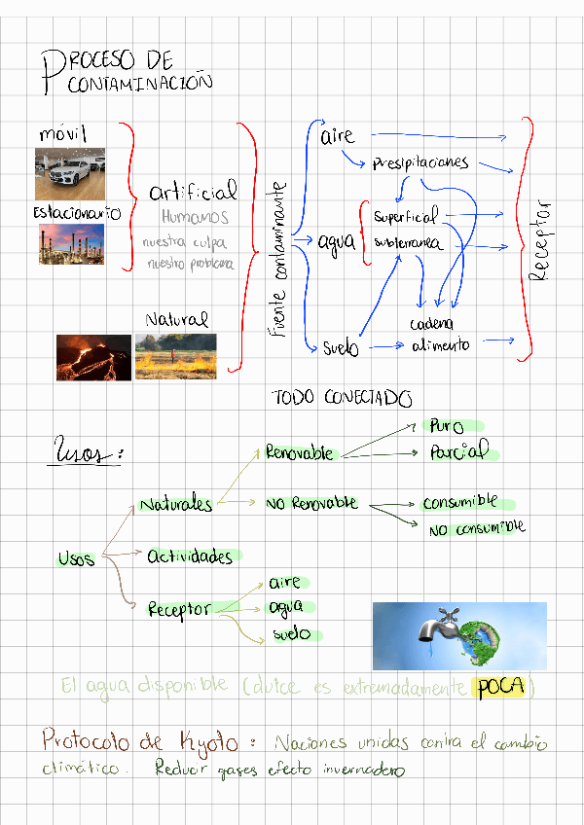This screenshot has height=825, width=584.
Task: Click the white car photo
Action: click(70, 173)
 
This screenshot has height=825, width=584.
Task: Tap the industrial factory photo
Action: click(71, 244)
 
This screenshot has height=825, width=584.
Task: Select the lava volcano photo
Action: click(93, 357)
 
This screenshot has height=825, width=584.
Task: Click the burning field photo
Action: click(175, 357)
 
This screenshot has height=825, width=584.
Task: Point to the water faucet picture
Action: click(459, 635)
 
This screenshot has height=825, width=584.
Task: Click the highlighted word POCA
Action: click(498, 687)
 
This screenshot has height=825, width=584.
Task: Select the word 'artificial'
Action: click(193, 191)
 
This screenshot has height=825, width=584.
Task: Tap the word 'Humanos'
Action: click(195, 217)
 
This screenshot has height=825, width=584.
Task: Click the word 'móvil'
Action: click(63, 132)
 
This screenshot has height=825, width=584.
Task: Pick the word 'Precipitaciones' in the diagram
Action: click(420, 162)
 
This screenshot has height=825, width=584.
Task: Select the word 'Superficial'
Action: click(405, 216)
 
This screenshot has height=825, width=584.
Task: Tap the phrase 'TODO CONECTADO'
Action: click(342, 398)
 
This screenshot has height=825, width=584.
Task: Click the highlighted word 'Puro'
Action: click(447, 426)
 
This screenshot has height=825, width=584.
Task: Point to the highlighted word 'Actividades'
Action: click(191, 556)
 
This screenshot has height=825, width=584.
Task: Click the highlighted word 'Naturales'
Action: click(176, 504)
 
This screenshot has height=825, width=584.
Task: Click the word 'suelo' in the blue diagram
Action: click(340, 347)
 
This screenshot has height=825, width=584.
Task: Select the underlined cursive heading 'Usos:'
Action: click(88, 454)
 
